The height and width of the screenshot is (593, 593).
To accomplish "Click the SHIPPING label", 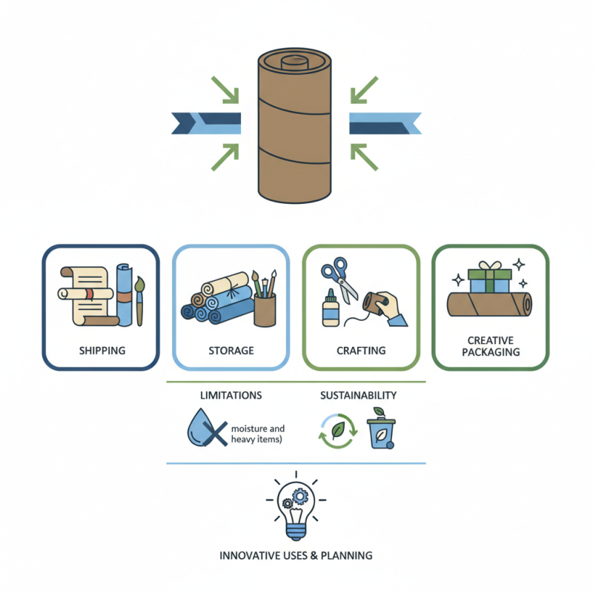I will (x=102, y=350).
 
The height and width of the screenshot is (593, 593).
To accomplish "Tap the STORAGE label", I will (x=231, y=350).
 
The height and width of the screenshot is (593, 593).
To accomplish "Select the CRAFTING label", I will (x=361, y=350).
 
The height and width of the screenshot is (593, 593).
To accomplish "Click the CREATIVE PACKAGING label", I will (x=491, y=346).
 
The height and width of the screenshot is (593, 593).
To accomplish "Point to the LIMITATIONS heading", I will (x=231, y=395).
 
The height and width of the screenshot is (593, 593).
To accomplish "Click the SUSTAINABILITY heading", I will (x=358, y=395).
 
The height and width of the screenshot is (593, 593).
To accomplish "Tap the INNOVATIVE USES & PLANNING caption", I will (x=296, y=554).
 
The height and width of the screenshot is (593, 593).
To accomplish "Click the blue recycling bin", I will (x=382, y=430).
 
